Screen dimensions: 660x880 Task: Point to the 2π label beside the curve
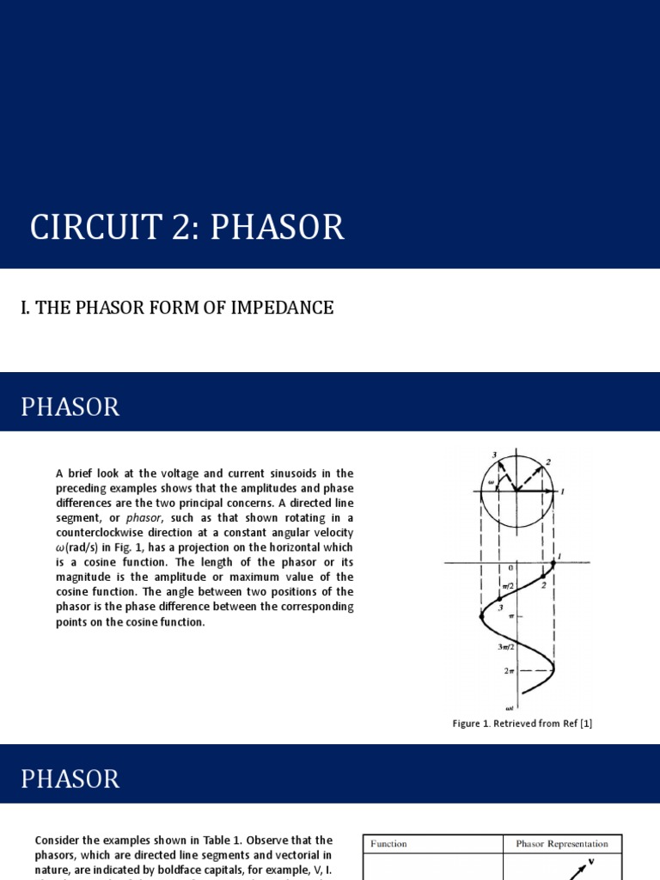509,670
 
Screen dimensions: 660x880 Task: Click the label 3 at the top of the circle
494,454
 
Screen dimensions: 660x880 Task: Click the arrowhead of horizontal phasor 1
554,492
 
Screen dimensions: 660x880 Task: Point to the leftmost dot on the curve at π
481,615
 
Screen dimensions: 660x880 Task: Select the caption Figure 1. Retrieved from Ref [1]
522,724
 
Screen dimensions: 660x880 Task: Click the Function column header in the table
389,844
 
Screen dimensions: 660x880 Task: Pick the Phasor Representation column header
561,844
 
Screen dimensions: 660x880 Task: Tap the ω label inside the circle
492,482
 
